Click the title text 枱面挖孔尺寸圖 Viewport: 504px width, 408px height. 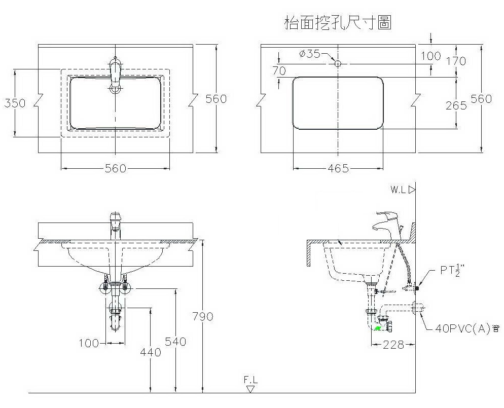[x=338, y=23]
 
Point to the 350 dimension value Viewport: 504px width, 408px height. [x=15, y=103]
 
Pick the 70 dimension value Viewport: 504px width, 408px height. [x=279, y=71]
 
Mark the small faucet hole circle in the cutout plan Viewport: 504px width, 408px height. [x=338, y=63]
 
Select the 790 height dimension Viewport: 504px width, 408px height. [x=203, y=316]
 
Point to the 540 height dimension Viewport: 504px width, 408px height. [x=176, y=342]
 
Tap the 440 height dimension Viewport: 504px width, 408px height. [x=151, y=352]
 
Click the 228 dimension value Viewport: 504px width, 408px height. [x=393, y=345]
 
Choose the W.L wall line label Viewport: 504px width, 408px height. [x=400, y=190]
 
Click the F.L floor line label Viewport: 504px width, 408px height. [x=250, y=379]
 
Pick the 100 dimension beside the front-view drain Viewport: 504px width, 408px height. [x=89, y=343]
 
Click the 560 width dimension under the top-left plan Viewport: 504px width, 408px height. [x=115, y=168]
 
